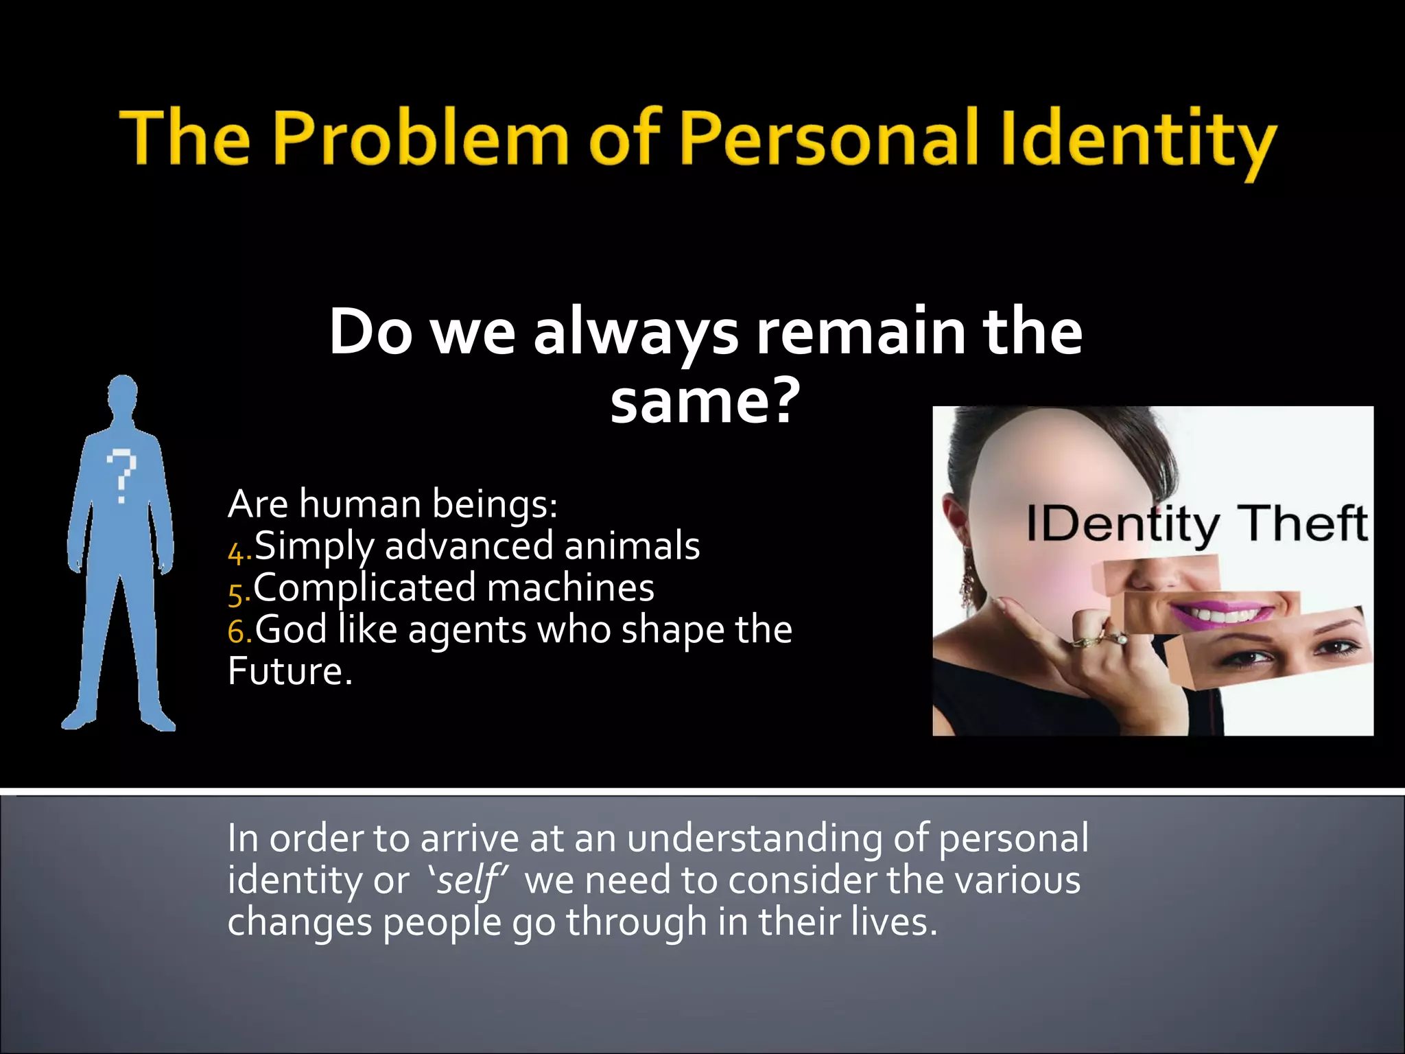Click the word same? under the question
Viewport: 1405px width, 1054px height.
[x=705, y=401]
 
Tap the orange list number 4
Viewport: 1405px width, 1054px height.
[x=237, y=552]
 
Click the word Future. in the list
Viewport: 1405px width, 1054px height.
[x=290, y=672]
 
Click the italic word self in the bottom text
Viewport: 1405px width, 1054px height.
[x=467, y=880]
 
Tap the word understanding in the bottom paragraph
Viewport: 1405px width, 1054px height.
[x=754, y=839]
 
